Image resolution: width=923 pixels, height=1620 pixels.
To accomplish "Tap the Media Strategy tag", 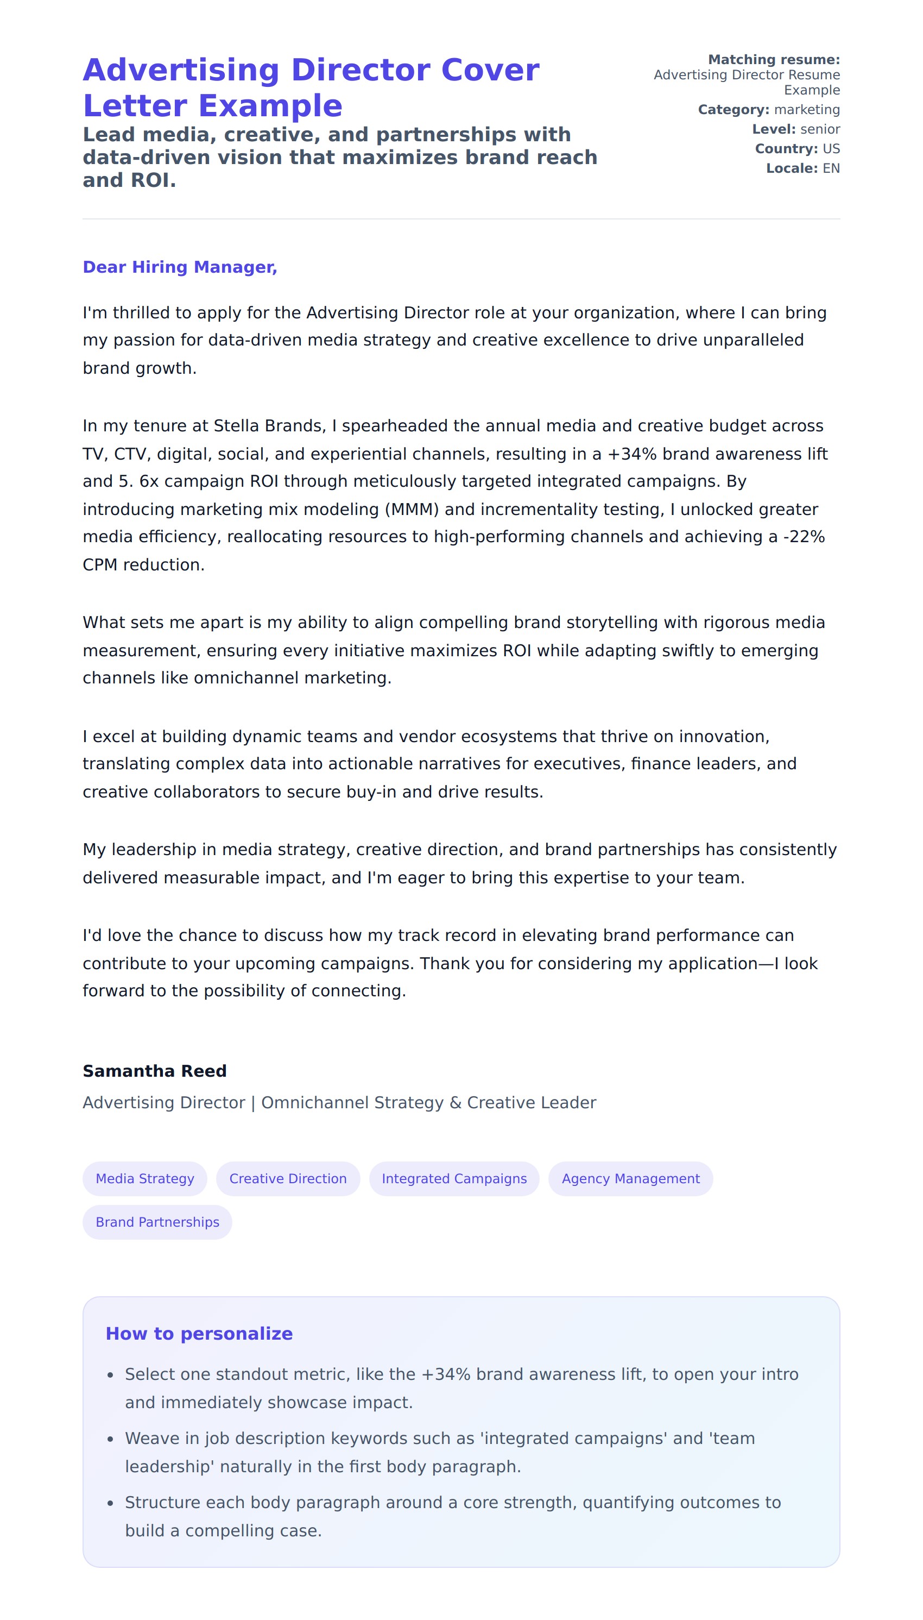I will click(x=144, y=1178).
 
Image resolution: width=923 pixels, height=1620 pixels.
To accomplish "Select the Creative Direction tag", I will click(x=288, y=1178).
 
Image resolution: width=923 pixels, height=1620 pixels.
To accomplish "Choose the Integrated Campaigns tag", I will click(x=454, y=1178).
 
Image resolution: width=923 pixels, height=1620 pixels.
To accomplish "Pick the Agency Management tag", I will click(x=630, y=1178).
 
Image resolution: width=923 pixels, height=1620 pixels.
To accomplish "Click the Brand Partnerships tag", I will click(x=157, y=1222).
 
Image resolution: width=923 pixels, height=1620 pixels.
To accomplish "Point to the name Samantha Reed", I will click(x=155, y=1071).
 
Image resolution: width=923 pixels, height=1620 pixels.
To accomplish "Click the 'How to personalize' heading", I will click(x=199, y=1333).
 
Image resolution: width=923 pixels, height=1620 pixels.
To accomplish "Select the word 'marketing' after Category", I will click(x=806, y=110).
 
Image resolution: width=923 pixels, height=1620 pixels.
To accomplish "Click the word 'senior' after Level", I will click(x=820, y=129).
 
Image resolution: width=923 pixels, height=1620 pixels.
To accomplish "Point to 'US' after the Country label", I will click(x=831, y=149).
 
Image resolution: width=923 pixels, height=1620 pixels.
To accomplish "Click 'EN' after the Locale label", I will click(x=831, y=169).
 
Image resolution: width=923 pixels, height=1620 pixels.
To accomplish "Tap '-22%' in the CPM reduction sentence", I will click(x=804, y=537).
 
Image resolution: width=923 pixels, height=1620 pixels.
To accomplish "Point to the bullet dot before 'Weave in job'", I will click(x=110, y=1440).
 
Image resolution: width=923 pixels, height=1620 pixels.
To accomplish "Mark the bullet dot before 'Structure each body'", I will click(x=110, y=1504).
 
